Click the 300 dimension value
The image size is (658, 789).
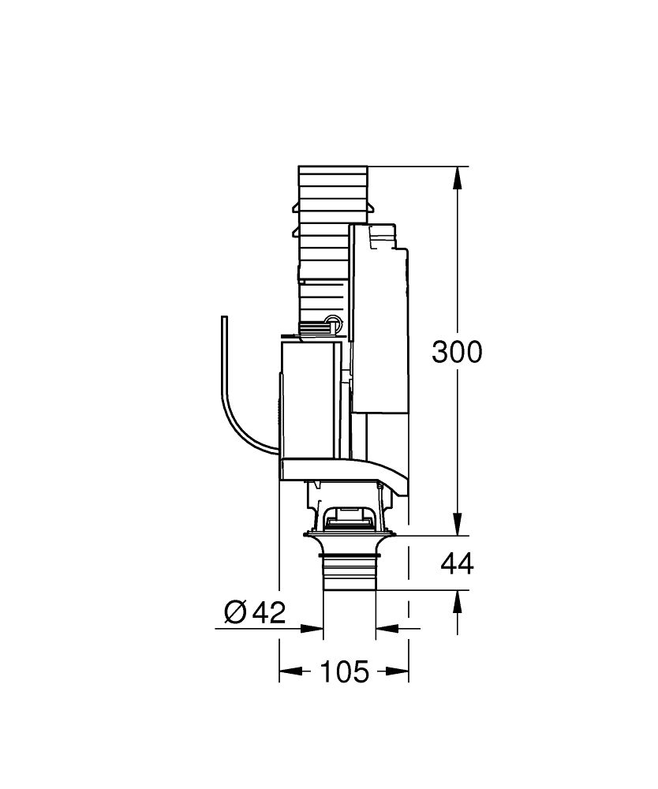[x=457, y=352]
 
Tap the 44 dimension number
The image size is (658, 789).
[x=457, y=563]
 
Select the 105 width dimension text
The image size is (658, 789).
[x=345, y=671]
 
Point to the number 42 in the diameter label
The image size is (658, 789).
[x=269, y=612]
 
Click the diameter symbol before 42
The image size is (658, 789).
[x=235, y=612]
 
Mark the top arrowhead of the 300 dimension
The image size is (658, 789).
[x=458, y=178]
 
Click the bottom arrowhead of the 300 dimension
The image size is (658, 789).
[x=458, y=524]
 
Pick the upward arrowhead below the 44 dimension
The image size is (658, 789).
[x=458, y=602]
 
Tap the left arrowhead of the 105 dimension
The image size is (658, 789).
[x=291, y=671]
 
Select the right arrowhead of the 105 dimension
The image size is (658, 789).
[x=397, y=671]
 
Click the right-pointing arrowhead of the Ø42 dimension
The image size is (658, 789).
[x=312, y=628]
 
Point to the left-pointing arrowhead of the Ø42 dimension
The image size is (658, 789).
[x=387, y=628]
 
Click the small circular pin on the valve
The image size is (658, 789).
[x=332, y=320]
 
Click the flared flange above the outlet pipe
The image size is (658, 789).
[x=350, y=543]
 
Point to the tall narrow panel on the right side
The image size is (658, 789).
[x=378, y=318]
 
